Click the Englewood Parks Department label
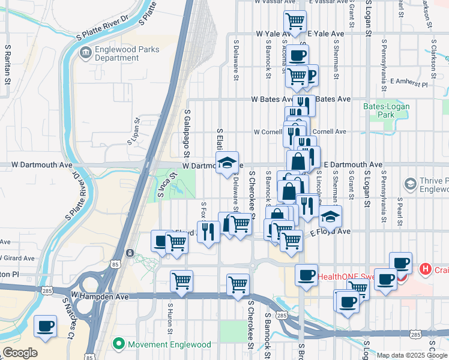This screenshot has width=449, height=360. tap(127, 53)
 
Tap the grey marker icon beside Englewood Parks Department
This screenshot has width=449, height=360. tap(85, 53)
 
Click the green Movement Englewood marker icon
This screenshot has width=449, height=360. tap(119, 344)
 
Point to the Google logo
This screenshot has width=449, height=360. tap(20, 353)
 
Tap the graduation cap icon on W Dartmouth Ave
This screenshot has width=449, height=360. tap(227, 162)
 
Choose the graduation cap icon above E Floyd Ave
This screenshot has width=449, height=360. tap(330, 216)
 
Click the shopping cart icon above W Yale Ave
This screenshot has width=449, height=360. tap(295, 21)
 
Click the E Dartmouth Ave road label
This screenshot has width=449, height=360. tap(353, 164)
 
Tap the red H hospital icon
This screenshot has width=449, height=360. tap(426, 268)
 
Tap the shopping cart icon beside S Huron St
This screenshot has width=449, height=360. tap(181, 280)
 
